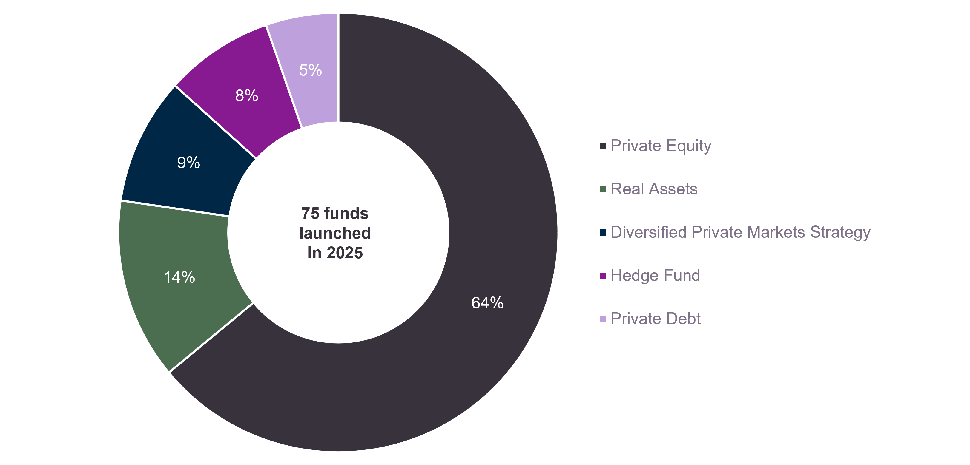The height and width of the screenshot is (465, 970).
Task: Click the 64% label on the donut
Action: tap(487, 303)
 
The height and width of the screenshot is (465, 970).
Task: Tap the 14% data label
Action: tap(179, 277)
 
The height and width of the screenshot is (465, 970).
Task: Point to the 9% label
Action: tap(188, 163)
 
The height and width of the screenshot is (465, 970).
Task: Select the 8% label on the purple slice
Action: tap(247, 95)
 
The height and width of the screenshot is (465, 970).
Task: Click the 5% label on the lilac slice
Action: tap(310, 70)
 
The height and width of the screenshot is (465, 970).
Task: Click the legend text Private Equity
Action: tap(661, 146)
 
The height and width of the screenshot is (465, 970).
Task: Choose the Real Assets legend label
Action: tap(654, 189)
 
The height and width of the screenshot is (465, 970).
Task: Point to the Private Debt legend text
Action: tap(655, 319)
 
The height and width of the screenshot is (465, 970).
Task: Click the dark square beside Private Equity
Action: tap(602, 146)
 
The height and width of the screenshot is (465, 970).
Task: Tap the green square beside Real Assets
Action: tap(602, 189)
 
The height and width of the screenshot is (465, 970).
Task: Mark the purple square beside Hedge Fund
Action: tap(602, 276)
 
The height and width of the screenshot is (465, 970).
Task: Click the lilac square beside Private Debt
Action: tap(602, 319)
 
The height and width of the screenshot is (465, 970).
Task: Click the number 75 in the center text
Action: tap(310, 214)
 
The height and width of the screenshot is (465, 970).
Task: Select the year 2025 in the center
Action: tap(345, 253)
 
